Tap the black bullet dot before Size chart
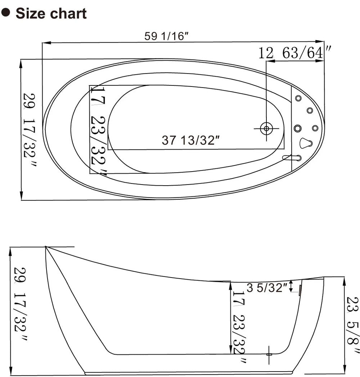point(5,12)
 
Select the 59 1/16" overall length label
point(166,36)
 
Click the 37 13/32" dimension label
point(191,140)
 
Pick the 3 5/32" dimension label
point(267,288)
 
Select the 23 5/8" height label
point(353,325)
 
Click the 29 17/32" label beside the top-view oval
point(30,130)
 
